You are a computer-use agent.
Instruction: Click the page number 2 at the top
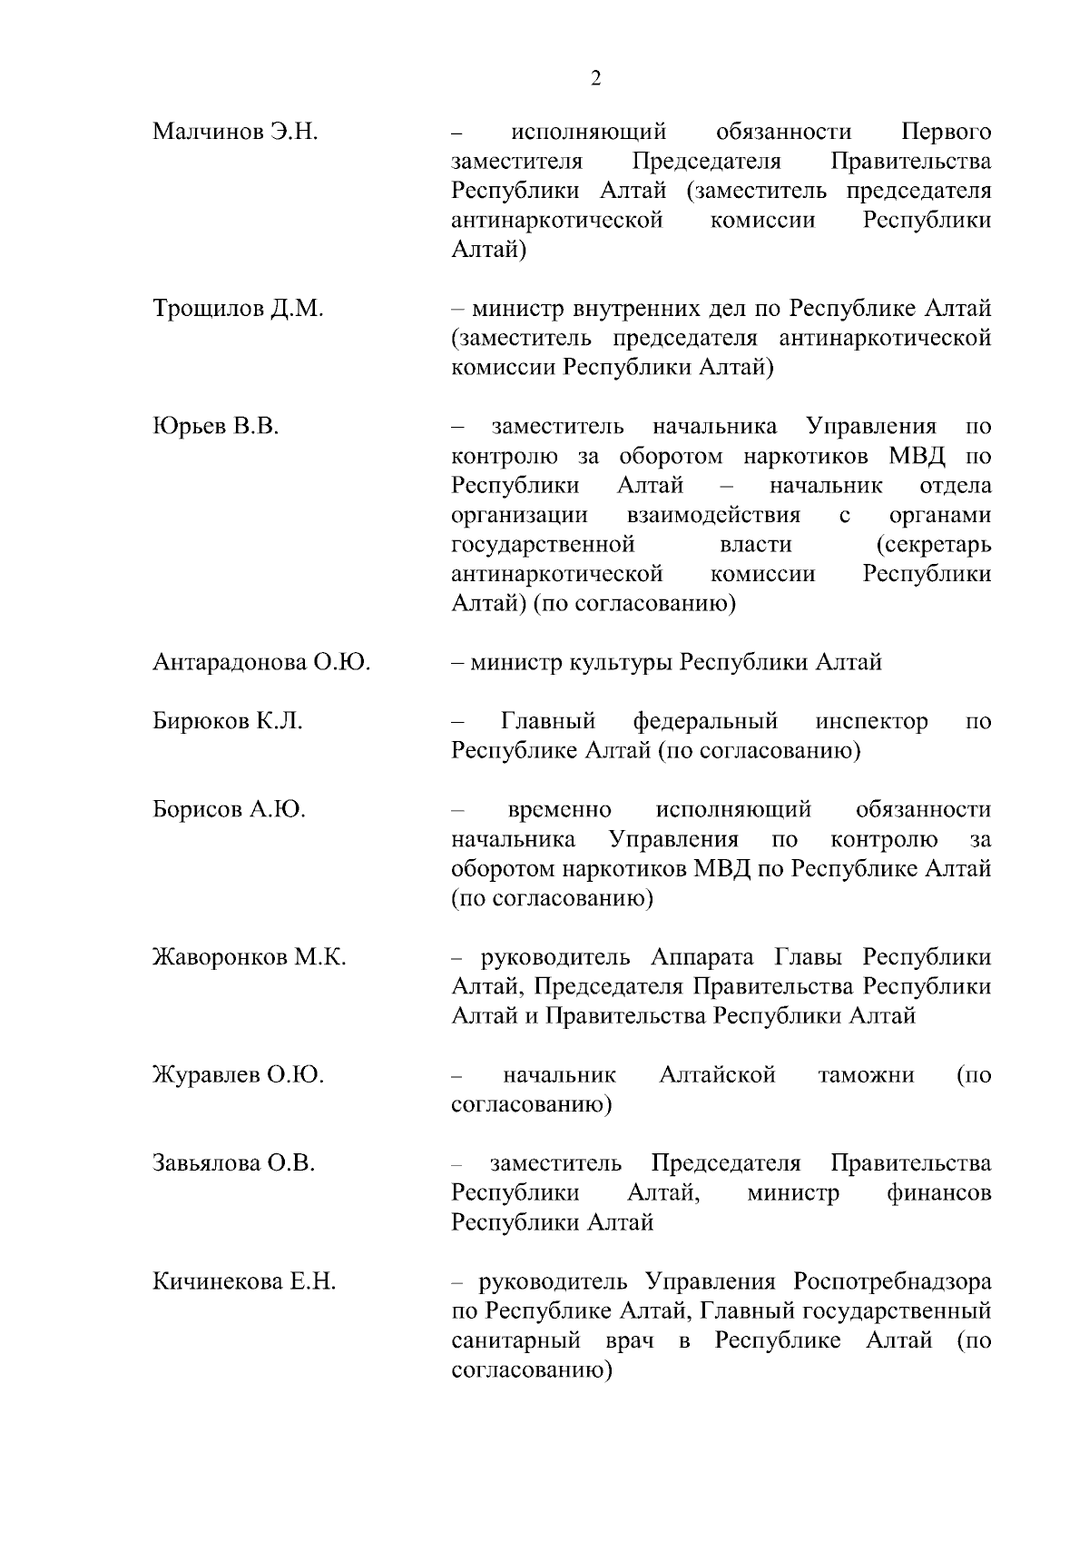(595, 79)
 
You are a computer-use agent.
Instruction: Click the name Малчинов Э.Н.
(235, 132)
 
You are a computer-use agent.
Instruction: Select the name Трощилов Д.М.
(238, 309)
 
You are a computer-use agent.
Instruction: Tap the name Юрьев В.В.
(216, 426)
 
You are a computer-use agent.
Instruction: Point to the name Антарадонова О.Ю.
(261, 662)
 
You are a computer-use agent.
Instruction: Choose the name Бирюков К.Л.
(228, 721)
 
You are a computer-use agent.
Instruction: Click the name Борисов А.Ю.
(229, 809)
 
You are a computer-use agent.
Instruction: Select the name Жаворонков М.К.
(250, 957)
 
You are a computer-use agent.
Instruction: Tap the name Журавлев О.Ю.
(238, 1075)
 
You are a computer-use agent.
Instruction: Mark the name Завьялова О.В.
(234, 1163)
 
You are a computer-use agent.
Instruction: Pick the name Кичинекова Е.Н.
(244, 1281)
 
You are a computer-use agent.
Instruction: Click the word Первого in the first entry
(946, 132)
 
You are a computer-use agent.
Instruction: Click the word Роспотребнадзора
(892, 1281)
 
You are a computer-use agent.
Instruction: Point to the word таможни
(866, 1075)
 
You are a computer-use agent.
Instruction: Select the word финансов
(939, 1192)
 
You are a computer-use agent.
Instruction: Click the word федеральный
(705, 721)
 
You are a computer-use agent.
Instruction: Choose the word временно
(559, 809)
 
